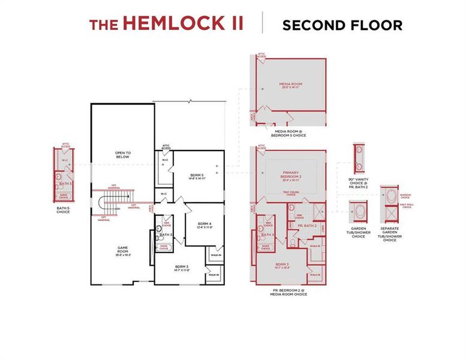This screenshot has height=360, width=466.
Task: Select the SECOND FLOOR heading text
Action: click(342, 25)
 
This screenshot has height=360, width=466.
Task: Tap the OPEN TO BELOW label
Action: click(122, 155)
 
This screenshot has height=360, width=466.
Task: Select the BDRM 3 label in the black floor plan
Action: click(182, 268)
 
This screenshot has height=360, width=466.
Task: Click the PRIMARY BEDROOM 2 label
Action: click(291, 176)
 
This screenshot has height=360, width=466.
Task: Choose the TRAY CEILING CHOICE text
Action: click(290, 194)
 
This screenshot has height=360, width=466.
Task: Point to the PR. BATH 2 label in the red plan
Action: click(306, 226)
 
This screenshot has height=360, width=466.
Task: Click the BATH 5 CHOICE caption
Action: click(63, 211)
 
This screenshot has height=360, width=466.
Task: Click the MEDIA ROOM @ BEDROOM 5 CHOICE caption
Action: click(290, 134)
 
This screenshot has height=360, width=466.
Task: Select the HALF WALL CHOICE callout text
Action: click(406, 206)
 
